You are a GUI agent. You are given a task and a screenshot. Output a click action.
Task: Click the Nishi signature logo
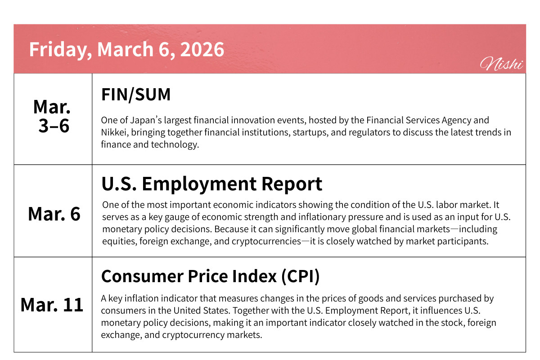pyautogui.click(x=501, y=63)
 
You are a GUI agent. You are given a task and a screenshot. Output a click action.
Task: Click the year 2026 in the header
pyautogui.click(x=202, y=49)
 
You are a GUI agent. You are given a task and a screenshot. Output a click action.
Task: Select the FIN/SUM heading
pyautogui.click(x=136, y=94)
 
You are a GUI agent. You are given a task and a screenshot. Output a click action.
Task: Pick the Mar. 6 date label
pyautogui.click(x=54, y=214)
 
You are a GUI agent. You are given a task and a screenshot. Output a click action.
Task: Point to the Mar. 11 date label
pyautogui.click(x=52, y=305)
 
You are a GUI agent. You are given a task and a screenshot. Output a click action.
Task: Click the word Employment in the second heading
pyautogui.click(x=199, y=184)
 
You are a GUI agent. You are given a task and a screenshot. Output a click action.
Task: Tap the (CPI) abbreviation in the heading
pyautogui.click(x=301, y=276)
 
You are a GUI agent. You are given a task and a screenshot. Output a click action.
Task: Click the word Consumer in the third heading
pyautogui.click(x=142, y=276)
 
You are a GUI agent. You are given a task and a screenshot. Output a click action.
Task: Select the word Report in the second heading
pyautogui.click(x=292, y=184)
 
